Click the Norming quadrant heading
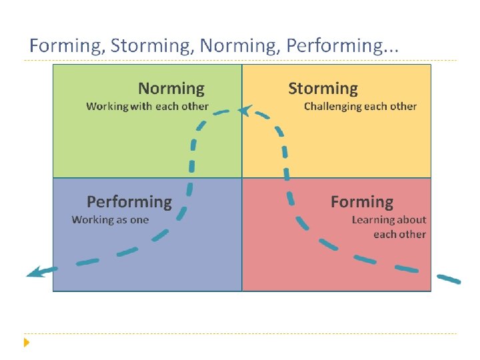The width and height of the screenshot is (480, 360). pos(171,89)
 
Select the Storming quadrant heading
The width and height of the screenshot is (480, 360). pos(323,89)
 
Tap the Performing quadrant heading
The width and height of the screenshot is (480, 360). pos(129,202)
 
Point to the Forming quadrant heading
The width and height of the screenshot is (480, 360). pos(362,202)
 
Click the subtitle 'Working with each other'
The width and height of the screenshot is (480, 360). pos(147,107)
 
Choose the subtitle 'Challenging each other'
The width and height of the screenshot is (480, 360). pos(360,107)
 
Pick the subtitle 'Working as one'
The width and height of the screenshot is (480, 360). pos(110,219)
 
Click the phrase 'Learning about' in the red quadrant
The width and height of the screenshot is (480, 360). pos(389,219)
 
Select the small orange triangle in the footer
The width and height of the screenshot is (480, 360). pos(27,343)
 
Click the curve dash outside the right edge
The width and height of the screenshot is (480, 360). pos(449,279)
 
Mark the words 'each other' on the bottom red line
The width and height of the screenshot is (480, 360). pos(399,234)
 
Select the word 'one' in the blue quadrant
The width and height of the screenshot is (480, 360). pos(139,220)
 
